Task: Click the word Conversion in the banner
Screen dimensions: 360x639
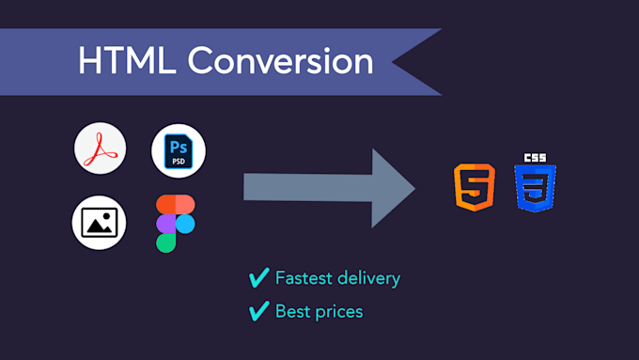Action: point(280,61)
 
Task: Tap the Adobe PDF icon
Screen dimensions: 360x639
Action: point(100,150)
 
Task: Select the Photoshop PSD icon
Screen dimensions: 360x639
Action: point(178,150)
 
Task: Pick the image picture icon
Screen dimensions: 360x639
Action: point(100,223)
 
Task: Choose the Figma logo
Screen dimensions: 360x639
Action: point(176,223)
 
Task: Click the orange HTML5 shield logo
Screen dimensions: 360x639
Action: point(475,187)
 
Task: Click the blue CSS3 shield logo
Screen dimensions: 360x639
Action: point(535,187)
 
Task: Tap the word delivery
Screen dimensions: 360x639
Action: point(369,278)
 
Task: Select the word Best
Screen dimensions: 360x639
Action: point(291,310)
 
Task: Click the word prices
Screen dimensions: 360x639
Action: point(338,311)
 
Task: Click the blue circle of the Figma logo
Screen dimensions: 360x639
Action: point(186,223)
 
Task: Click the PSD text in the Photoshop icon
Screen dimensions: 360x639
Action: point(178,162)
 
